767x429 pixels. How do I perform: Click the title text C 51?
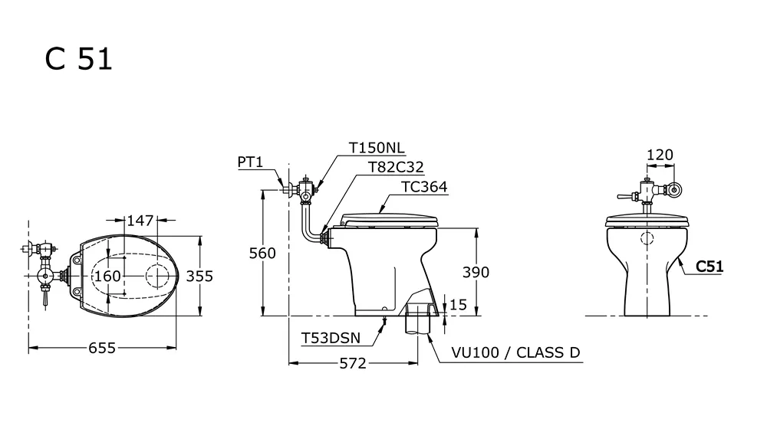(79, 60)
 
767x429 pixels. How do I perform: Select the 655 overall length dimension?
(101, 349)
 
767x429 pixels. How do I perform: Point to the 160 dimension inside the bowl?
(108, 275)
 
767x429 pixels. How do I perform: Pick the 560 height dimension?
(262, 254)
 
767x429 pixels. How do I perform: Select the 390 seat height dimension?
(476, 272)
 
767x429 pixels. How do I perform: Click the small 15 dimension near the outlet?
(459, 304)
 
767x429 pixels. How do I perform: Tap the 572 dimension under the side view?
(353, 363)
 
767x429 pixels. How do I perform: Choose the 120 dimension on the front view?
(660, 155)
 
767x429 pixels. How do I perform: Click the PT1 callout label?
(250, 162)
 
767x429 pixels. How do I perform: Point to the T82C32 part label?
(396, 167)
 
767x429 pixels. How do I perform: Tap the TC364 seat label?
(424, 186)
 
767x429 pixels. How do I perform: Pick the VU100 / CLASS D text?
(515, 353)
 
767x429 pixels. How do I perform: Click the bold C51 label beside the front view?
(709, 267)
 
